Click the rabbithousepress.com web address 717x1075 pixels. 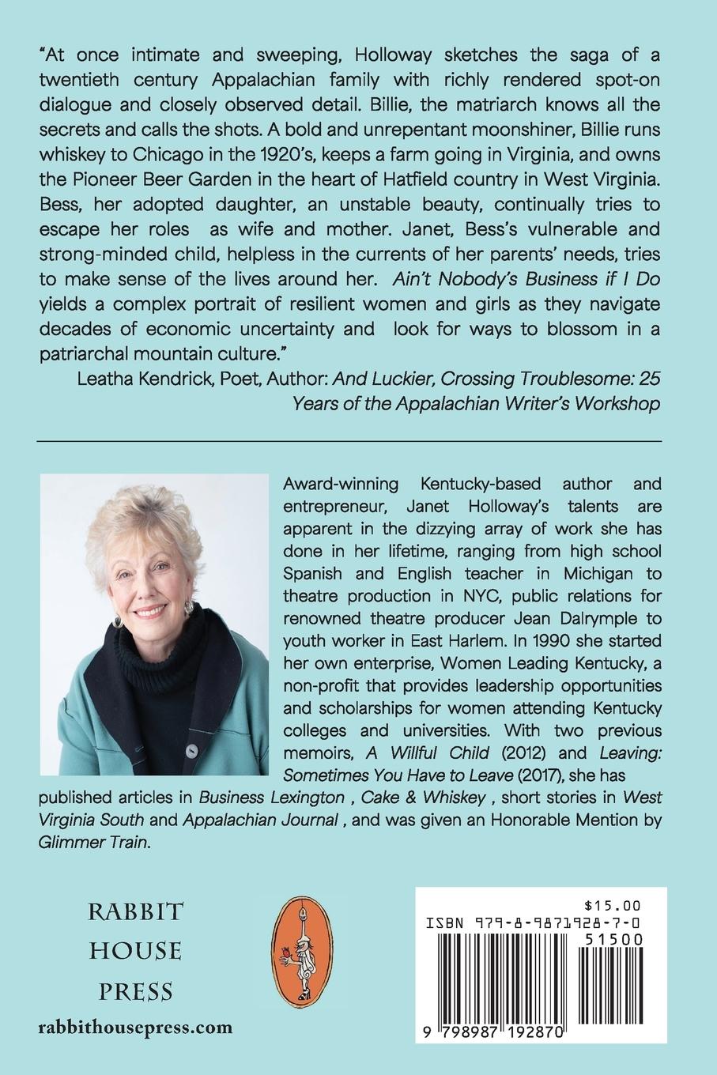136,1028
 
